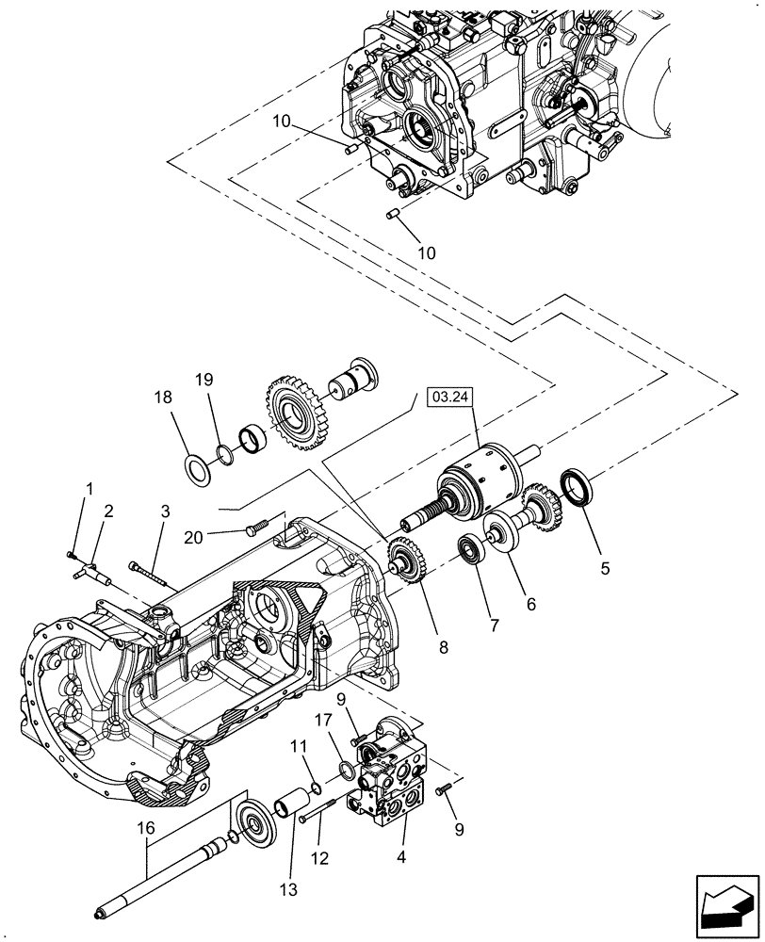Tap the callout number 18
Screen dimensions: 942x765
(x=164, y=398)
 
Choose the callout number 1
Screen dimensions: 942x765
(x=90, y=488)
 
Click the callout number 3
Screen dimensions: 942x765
(x=165, y=512)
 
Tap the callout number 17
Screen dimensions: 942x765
(x=324, y=721)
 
